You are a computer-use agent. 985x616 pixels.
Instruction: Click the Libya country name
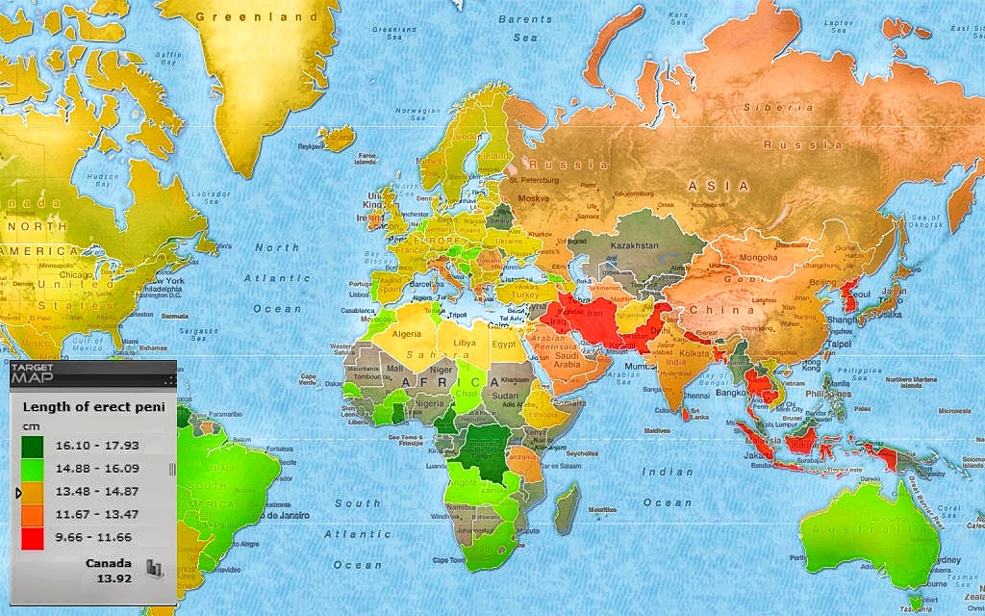click(x=465, y=342)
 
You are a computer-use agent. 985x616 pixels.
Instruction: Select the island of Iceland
click(x=337, y=140)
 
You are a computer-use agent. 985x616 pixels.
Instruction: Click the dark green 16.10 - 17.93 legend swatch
click(x=34, y=447)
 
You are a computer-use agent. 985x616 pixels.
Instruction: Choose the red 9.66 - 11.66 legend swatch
click(x=34, y=537)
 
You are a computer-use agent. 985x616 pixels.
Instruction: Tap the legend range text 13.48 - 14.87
click(x=94, y=493)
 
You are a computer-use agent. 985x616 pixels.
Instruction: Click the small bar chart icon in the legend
click(x=155, y=569)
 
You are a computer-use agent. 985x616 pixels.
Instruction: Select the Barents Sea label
click(x=525, y=27)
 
